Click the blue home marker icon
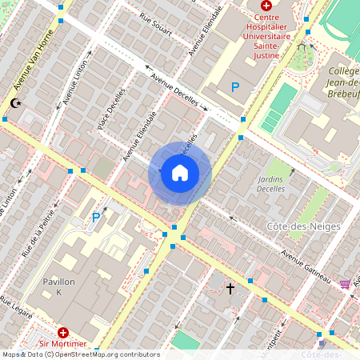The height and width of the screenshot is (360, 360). coord(180,173)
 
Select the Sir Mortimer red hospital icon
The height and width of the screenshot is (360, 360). coord(63,332)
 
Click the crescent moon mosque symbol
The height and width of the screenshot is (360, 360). coord(14,103)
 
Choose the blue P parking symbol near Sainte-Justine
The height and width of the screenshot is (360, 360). coord(235,86)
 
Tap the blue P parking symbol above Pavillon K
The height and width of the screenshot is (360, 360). coord(96,218)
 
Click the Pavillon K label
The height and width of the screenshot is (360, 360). coord(59,287)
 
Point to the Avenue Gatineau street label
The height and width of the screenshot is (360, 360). coord(304,266)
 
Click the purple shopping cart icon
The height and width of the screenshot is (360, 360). coord(345,283)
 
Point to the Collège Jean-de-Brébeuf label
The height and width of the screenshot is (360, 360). coord(344,83)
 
